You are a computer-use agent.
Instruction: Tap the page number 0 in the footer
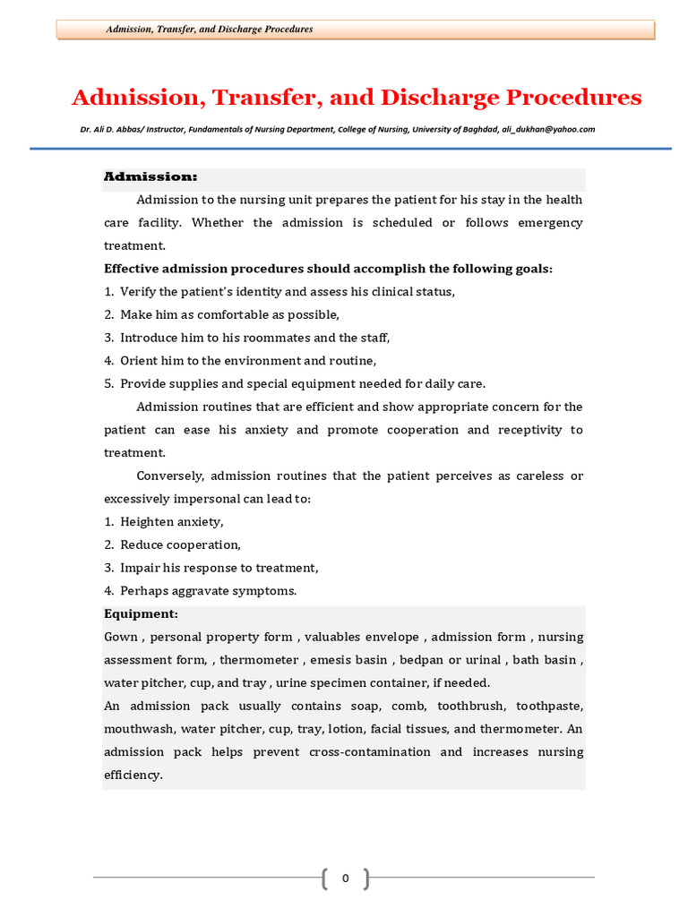pyautogui.click(x=345, y=878)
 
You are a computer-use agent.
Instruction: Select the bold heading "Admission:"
pyautogui.click(x=150, y=176)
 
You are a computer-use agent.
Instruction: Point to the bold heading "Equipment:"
pyautogui.click(x=141, y=614)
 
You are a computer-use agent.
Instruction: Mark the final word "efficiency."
pyautogui.click(x=133, y=776)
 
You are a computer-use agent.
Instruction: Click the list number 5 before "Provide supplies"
pyautogui.click(x=107, y=384)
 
